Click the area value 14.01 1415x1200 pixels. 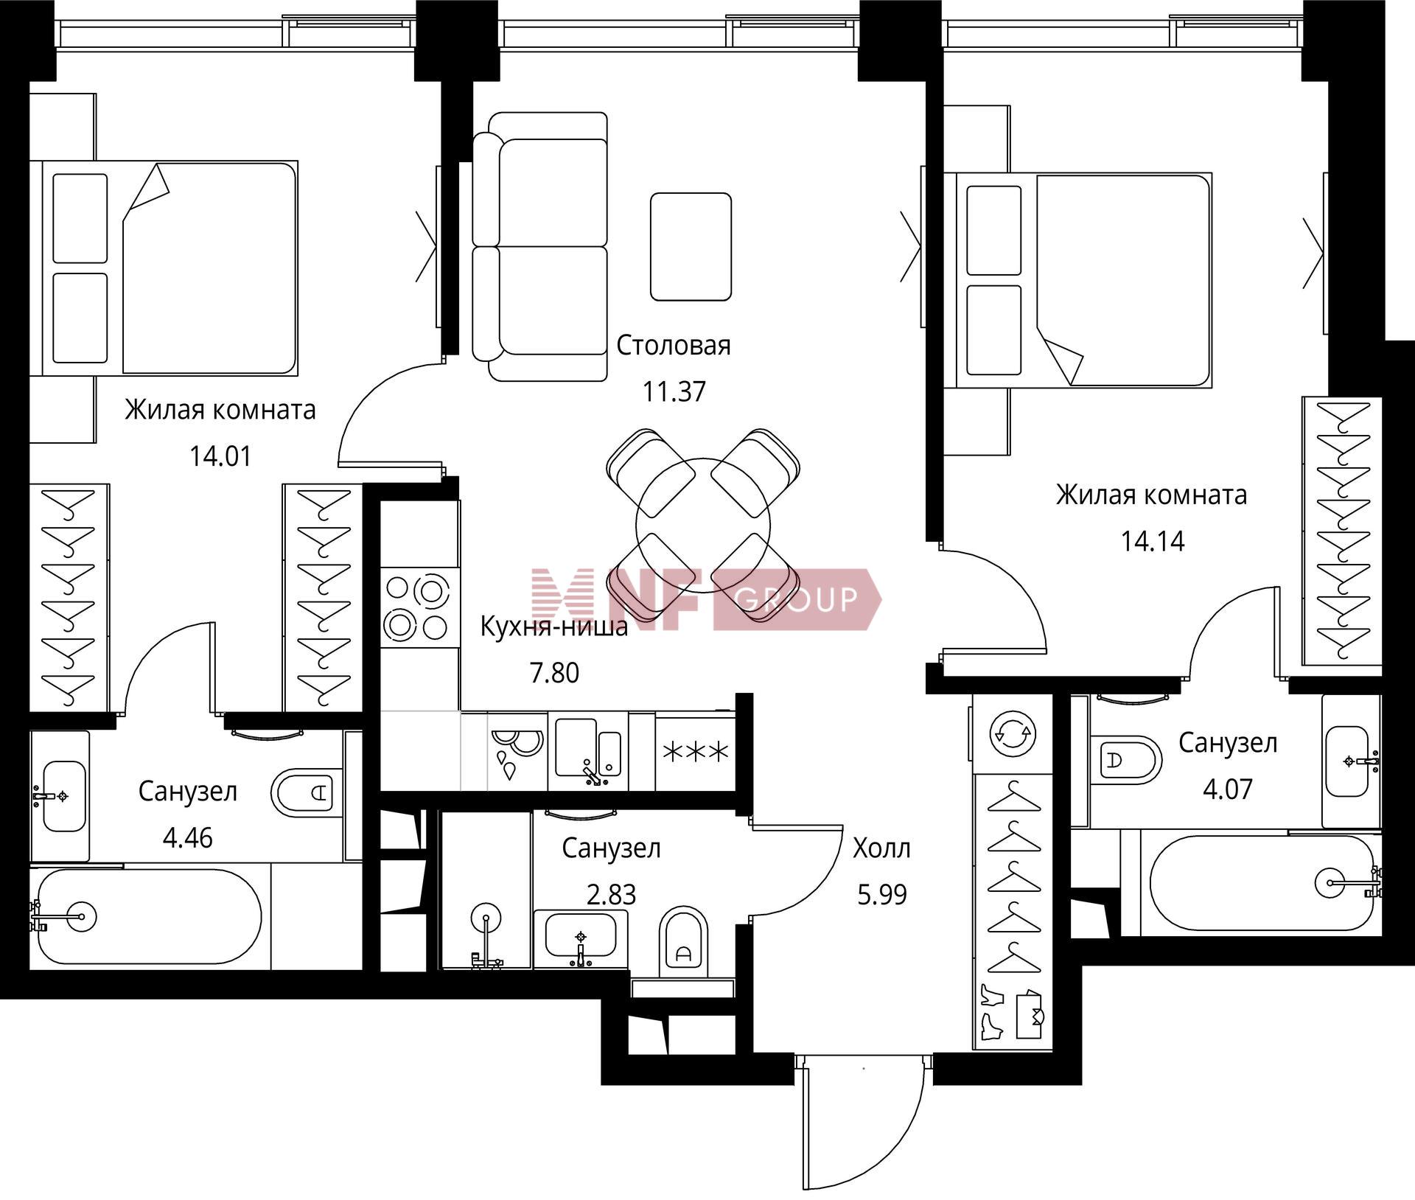220,456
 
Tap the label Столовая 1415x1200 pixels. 674,345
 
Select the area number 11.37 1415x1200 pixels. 674,391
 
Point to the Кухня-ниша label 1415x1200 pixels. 553,627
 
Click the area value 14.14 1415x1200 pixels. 1153,541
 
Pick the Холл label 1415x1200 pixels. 881,848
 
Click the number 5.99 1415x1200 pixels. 881,895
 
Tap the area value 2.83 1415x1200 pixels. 611,895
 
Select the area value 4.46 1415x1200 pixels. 187,838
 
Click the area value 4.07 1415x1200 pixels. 1228,789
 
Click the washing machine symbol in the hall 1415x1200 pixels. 1013,733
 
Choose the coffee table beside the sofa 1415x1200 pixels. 691,246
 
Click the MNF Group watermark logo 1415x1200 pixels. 706,599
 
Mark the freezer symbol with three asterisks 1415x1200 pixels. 696,752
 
